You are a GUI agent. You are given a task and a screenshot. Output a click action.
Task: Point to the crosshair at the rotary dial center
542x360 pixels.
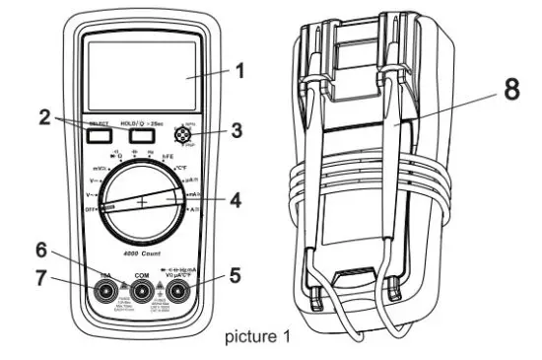(x=142, y=201)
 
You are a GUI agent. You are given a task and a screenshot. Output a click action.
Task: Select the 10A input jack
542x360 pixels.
(x=105, y=291)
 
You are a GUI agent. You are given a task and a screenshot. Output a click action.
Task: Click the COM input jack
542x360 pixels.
(x=142, y=291)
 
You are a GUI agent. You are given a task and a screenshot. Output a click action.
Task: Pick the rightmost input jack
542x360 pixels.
(x=178, y=291)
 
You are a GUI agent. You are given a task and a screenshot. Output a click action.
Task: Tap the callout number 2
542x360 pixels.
(x=44, y=116)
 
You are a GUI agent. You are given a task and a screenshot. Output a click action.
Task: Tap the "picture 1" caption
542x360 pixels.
(x=258, y=337)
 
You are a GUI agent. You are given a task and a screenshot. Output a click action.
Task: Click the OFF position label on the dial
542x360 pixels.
(x=90, y=210)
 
